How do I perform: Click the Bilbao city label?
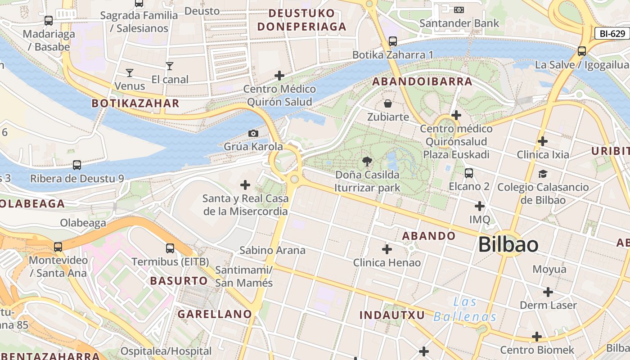point(508,245)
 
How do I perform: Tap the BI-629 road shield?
point(612,33)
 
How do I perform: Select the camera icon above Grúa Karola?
point(253,133)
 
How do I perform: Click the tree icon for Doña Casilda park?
point(367,161)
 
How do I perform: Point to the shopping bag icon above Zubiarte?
point(388,104)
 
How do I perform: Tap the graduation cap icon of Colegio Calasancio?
point(543,174)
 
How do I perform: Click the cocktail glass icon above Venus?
point(130,72)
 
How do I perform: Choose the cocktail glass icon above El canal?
point(170,66)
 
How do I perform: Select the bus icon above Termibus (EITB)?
point(170,248)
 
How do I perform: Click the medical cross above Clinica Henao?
point(387,249)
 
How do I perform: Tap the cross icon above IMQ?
point(480,206)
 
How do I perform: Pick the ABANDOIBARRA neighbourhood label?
point(422,81)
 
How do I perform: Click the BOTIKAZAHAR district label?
point(135,103)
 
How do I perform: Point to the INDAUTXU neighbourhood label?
point(392,315)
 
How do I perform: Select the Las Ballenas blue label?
point(465,309)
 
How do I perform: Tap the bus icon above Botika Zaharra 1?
point(393,41)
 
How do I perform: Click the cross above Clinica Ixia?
point(543,141)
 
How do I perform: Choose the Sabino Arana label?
point(272,250)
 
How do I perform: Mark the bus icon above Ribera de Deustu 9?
point(77,165)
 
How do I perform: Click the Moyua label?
point(549,269)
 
